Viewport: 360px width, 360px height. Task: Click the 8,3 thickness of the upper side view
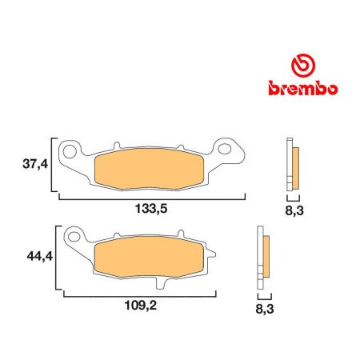(294, 212)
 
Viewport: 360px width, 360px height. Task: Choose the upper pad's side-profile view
(293, 164)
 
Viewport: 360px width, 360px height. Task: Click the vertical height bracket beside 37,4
(53, 166)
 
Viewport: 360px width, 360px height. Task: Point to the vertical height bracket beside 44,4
(55, 258)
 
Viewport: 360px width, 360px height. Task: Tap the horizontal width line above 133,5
(149, 195)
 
